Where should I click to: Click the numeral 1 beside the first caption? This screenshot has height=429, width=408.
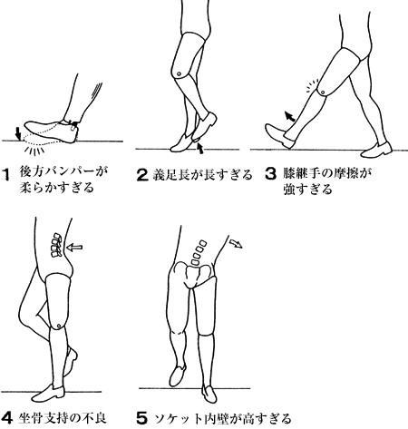tap(6, 175)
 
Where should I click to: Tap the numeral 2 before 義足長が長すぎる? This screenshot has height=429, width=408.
tap(142, 175)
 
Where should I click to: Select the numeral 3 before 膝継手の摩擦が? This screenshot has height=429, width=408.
tap(270, 173)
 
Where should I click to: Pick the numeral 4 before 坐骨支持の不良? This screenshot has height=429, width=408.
tap(7, 418)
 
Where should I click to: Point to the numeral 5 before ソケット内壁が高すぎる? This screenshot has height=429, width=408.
tap(142, 418)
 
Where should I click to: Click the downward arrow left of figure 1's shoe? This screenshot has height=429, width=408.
tap(18, 133)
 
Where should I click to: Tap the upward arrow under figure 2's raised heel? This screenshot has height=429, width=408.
tap(199, 148)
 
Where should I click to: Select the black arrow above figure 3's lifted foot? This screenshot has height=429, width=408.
tap(289, 116)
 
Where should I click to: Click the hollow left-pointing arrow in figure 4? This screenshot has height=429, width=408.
tap(74, 248)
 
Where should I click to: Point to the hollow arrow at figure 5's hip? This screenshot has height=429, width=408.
tap(237, 243)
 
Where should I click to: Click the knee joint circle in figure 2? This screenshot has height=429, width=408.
tap(179, 73)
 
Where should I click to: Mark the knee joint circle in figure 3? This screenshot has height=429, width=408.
tap(323, 92)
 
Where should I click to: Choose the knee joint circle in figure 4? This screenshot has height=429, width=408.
tap(58, 326)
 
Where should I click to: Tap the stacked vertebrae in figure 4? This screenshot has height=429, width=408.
tap(56, 245)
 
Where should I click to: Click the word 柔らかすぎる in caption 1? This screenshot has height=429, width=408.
tap(57, 188)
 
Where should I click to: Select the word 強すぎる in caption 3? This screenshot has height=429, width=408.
tap(308, 190)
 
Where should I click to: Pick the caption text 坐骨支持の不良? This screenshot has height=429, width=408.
tap(63, 418)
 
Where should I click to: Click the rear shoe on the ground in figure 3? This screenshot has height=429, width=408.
tap(376, 151)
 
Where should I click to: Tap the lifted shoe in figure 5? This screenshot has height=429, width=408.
tap(178, 375)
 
